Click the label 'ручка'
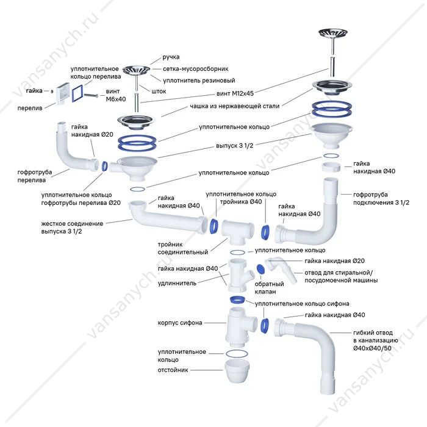pyautogui.click(x=171, y=57)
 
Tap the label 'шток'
pyautogui.click(x=159, y=91)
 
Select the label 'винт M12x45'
pyautogui.click(x=235, y=93)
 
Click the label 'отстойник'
pyautogui.click(x=173, y=370)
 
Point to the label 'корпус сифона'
pyautogui.click(x=180, y=323)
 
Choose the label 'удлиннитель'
pyautogui.click(x=177, y=283)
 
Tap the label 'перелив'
pyautogui.click(x=30, y=108)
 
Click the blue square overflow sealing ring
pyautogui.click(x=77, y=93)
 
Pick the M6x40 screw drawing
pyautogui.click(x=91, y=96)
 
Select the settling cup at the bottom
pyautogui.click(x=237, y=371)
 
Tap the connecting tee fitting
pyautogui.click(x=237, y=232)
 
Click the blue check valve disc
pyautogui.click(x=260, y=269)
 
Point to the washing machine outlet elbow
pyautogui.click(x=282, y=270)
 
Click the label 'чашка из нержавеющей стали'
pyautogui.click(x=235, y=106)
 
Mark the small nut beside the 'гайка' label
pyautogui.click(x=52, y=91)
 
